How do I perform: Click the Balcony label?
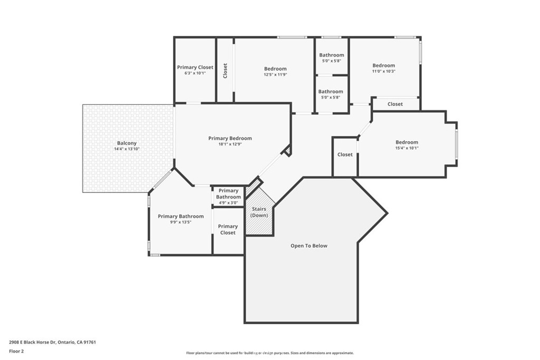[127, 143]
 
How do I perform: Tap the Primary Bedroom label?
[230, 138]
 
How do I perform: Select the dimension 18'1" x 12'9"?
[230, 144]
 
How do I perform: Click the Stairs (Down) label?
[259, 212]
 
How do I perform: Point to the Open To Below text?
[309, 246]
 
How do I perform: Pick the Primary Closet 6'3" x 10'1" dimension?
[195, 73]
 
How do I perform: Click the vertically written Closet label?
[225, 71]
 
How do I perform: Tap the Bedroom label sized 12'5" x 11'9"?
[275, 69]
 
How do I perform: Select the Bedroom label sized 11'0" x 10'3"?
[384, 65]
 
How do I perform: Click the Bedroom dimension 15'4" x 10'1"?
[407, 148]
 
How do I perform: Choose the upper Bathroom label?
[332, 55]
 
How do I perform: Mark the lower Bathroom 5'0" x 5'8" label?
[331, 98]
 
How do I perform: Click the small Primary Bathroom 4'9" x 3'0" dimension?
[228, 203]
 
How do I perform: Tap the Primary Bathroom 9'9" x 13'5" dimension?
[180, 222]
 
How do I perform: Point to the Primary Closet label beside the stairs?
[228, 230]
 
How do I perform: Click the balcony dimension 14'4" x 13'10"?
[127, 149]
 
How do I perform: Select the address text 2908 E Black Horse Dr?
[32, 342]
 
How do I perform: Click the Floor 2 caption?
[16, 352]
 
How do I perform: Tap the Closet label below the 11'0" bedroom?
[395, 104]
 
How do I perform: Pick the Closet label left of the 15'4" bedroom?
[345, 154]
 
